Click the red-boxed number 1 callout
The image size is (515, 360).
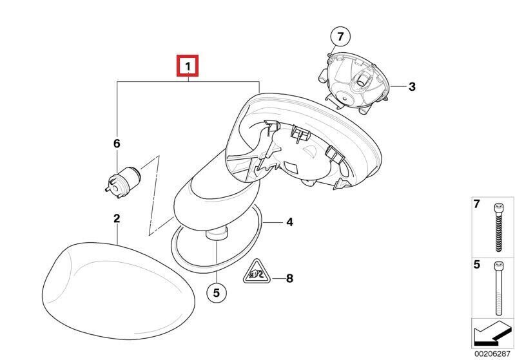click(x=188, y=66)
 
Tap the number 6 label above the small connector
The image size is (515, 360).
click(x=117, y=144)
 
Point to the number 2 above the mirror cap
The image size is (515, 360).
click(x=117, y=219)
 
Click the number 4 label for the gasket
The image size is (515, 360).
click(x=289, y=222)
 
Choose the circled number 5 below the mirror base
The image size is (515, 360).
click(x=216, y=293)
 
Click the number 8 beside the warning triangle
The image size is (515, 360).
click(x=289, y=279)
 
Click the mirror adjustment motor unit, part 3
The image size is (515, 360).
click(x=355, y=84)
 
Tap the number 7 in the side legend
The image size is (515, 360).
click(x=477, y=205)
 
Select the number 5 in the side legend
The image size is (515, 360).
click(x=477, y=265)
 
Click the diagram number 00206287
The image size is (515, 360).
click(x=492, y=354)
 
